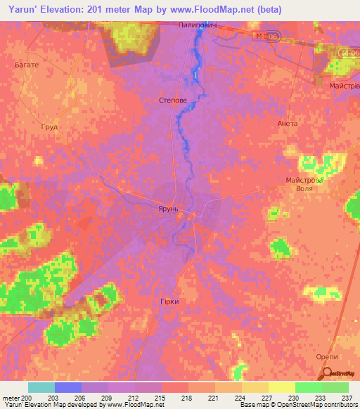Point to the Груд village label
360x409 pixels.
click(x=49, y=127)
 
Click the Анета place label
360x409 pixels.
click(x=288, y=124)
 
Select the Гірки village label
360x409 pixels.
click(x=169, y=301)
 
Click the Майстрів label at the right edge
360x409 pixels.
click(x=344, y=86)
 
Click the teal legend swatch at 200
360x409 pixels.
click(x=41, y=387)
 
